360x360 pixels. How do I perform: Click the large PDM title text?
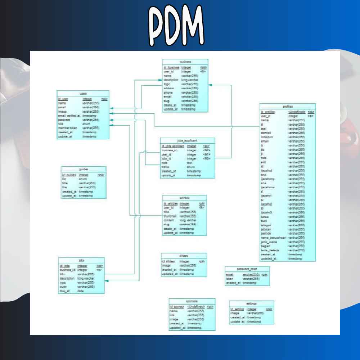pyautogui.click(x=177, y=25)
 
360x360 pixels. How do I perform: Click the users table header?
pyautogui.click(x=83, y=94)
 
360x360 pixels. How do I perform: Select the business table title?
pyautogui.click(x=185, y=62)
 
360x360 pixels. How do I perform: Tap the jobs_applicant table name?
pyautogui.click(x=188, y=141)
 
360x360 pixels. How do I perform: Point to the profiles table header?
pyautogui.click(x=288, y=107)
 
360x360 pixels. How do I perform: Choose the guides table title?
pyautogui.click(x=84, y=169)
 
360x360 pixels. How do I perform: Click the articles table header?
pyautogui.click(x=184, y=198)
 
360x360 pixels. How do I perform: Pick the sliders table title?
pyautogui.click(x=184, y=256)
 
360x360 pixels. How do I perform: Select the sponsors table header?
pyautogui.click(x=192, y=301)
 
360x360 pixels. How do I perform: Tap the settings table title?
pyautogui.click(x=251, y=303)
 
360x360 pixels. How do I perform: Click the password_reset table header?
pyautogui.click(x=247, y=269)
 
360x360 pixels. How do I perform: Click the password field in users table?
pyautogui.click(x=64, y=120)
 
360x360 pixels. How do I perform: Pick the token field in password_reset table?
pyautogui.click(x=230, y=279)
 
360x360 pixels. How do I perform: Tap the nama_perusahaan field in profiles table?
pyautogui.click(x=273, y=238)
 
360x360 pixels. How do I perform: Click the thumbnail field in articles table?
pyautogui.click(x=171, y=216)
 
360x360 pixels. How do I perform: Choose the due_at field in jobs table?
pyautogui.click(x=65, y=291)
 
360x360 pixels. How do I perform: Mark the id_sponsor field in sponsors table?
pyautogui.click(x=177, y=307)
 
